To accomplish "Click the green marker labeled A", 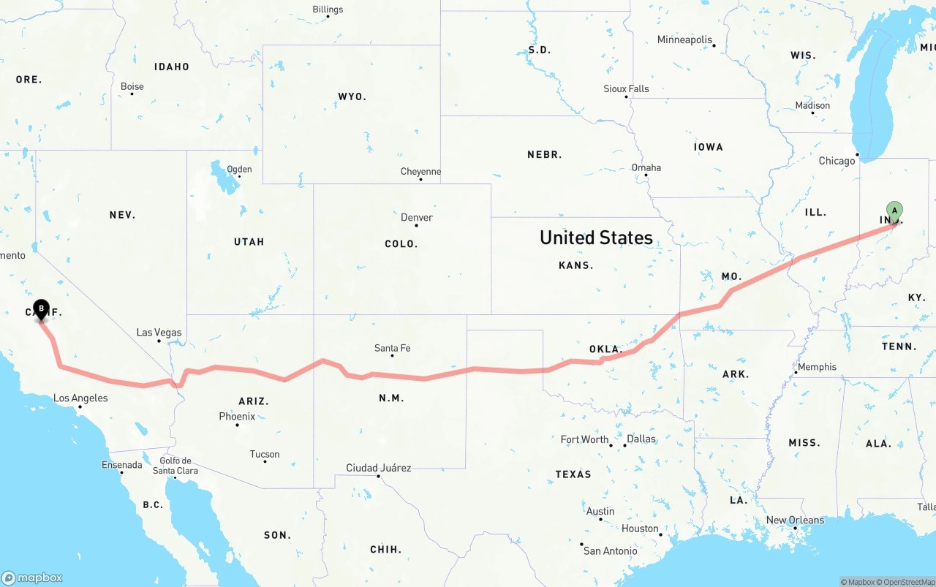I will tap(894, 211).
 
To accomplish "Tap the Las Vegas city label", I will tap(159, 333).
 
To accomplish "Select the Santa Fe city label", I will tap(392, 348).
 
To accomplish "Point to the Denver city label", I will tap(417, 217).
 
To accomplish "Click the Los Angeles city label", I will tap(80, 398).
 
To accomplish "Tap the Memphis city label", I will tap(817, 367).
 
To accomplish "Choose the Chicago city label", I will tap(837, 161).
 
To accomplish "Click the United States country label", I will tap(596, 238).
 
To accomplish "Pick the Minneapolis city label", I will tap(684, 39).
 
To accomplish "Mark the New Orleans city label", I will tap(795, 520).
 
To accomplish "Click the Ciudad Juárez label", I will tap(378, 468).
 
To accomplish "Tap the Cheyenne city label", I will tap(420, 172).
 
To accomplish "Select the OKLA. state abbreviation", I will tap(605, 349).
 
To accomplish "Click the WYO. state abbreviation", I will tap(352, 96).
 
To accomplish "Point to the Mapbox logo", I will tap(31, 577).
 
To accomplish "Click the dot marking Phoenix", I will tap(237, 425).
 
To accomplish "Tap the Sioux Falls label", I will tap(626, 88).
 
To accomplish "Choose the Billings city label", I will tap(328, 10).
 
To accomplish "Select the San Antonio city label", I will tap(610, 550).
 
